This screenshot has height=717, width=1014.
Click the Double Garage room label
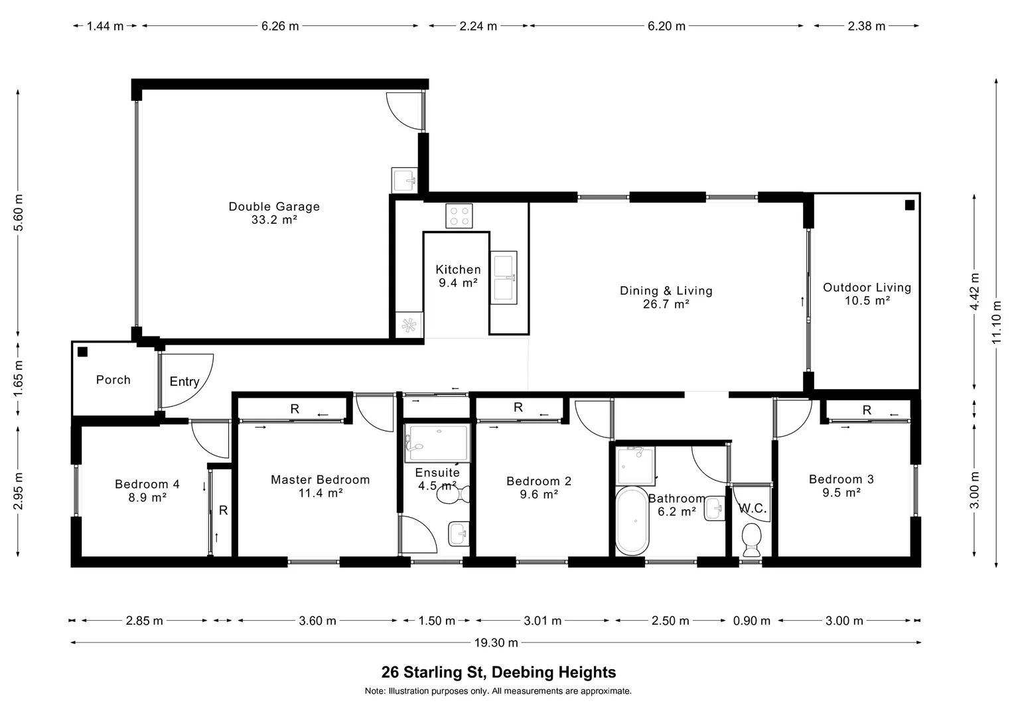click(274, 206)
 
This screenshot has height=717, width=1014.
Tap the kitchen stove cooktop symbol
click(459, 216)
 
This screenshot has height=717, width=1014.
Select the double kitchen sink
click(503, 278)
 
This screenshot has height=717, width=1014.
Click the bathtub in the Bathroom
click(631, 522)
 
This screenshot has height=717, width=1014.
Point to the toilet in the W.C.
click(752, 539)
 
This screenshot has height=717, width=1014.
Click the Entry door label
click(184, 382)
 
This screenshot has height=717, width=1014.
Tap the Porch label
click(113, 380)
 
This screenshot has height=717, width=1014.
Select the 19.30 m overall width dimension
click(496, 643)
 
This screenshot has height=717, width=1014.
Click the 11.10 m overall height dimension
click(996, 322)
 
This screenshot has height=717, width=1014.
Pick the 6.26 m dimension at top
click(280, 26)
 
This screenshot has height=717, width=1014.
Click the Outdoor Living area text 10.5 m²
click(867, 301)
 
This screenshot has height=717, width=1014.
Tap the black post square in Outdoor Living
click(910, 205)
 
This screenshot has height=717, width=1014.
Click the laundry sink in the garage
click(404, 179)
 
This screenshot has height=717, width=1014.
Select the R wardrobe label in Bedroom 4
click(224, 511)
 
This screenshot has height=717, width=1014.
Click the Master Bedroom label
click(320, 479)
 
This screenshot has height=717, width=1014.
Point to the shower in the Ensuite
click(437, 443)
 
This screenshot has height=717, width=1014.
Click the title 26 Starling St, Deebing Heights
click(498, 673)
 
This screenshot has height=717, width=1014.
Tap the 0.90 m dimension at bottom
click(751, 621)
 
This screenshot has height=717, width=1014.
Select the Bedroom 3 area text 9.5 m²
click(841, 493)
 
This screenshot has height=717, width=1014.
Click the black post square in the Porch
click(82, 352)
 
